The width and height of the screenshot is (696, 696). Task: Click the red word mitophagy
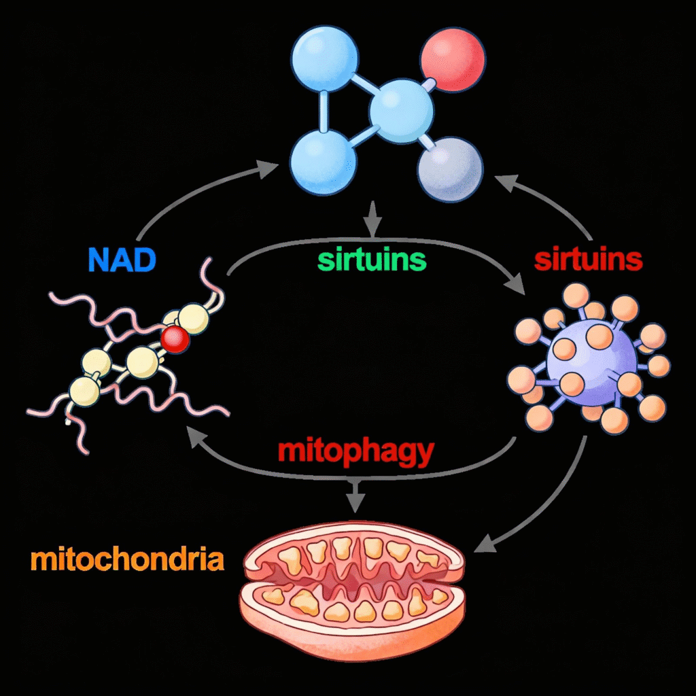click(x=355, y=451)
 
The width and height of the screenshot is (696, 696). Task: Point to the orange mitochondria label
click(x=127, y=560)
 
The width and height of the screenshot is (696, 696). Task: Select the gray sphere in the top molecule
click(x=449, y=167)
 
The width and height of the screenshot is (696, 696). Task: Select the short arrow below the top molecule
click(x=371, y=219)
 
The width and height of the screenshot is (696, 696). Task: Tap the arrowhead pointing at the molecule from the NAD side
click(x=269, y=167)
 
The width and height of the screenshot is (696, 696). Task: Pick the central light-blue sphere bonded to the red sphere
click(x=401, y=108)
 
